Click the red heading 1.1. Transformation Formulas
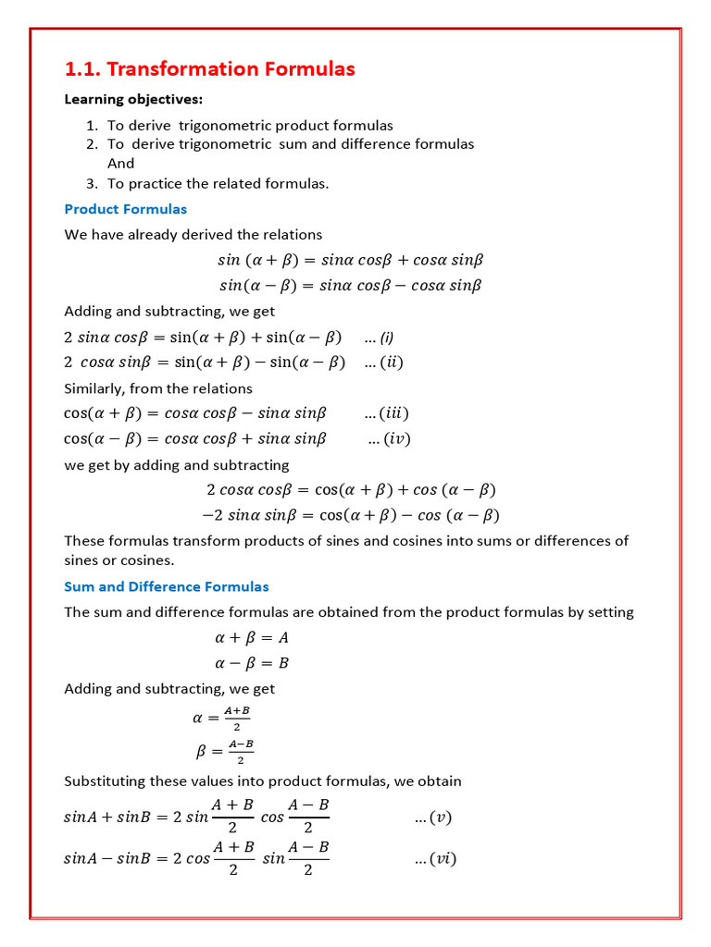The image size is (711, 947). pos(209,69)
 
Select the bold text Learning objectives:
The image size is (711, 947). pos(133,99)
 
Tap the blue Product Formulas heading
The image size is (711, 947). pos(125,209)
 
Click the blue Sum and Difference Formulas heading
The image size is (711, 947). pos(167,586)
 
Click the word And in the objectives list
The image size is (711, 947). pos(120,164)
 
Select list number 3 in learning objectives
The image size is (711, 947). pos(92,183)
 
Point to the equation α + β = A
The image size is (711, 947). pos(252,638)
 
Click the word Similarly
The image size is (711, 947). pos(94,388)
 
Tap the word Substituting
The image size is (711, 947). pos(106,781)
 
